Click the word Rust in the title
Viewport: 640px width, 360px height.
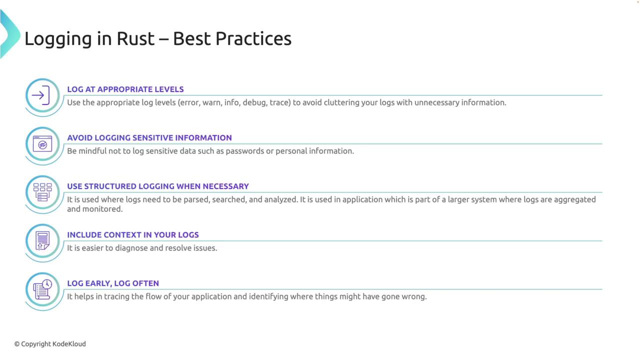coord(135,38)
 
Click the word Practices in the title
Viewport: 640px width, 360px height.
coord(253,38)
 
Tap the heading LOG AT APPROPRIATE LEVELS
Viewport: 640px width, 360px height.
coord(125,89)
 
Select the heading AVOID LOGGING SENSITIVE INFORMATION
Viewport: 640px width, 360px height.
coord(149,138)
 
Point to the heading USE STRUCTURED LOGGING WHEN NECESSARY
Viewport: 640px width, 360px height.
coord(158,186)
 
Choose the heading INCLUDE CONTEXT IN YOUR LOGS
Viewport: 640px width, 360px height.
coord(133,235)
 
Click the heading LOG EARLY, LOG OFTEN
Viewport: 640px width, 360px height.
coord(113,283)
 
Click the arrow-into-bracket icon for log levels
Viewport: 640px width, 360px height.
coord(41,95)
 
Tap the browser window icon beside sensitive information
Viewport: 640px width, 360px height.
coord(42,143)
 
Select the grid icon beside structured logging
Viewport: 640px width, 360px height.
coord(42,192)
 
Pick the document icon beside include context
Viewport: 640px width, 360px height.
coord(42,241)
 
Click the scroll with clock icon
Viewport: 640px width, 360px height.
coord(42,289)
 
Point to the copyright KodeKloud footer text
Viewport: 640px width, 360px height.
coord(50,344)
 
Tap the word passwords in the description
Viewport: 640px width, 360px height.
coord(245,151)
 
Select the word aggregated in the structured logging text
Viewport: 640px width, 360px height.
coord(575,199)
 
